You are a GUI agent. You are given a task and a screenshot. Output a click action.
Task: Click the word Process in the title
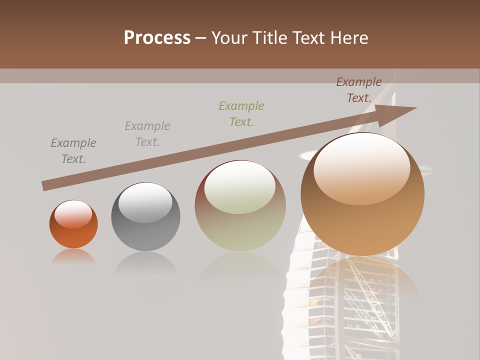click(x=157, y=38)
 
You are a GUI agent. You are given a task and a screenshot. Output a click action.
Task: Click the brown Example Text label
click(x=359, y=90)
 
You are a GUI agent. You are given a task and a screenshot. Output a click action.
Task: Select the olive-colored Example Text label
click(x=241, y=113)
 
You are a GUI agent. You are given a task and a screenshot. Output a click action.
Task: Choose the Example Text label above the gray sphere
click(x=147, y=133)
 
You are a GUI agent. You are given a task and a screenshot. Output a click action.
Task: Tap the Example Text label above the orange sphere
click(x=73, y=150)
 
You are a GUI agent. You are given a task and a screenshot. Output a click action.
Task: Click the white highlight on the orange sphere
click(x=73, y=214)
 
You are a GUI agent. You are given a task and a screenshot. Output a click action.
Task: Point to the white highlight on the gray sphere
click(x=145, y=202)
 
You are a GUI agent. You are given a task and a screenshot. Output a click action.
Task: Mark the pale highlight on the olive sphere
click(x=239, y=186)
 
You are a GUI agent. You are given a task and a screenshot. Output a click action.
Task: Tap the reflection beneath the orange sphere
click(x=73, y=257)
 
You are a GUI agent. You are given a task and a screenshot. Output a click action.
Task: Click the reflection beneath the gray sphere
click(x=145, y=263)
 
